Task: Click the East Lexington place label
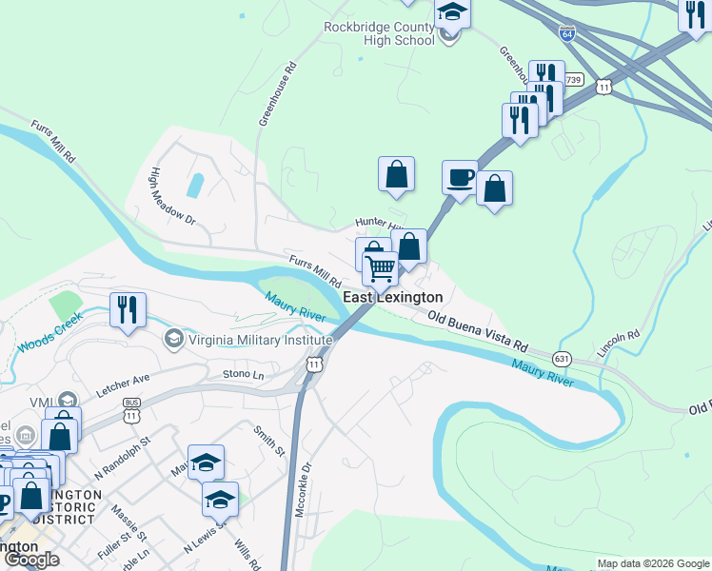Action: tap(392, 298)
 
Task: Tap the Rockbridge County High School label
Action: tap(379, 32)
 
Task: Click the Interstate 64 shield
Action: tap(567, 33)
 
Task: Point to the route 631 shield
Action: tap(562, 359)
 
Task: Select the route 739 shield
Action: tap(572, 80)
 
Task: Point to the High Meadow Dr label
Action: tap(172, 197)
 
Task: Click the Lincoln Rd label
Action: tap(619, 345)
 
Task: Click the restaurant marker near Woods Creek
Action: tap(126, 308)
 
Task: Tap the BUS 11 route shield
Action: tap(132, 412)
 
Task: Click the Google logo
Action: tap(31, 560)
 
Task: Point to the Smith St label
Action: tap(268, 439)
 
